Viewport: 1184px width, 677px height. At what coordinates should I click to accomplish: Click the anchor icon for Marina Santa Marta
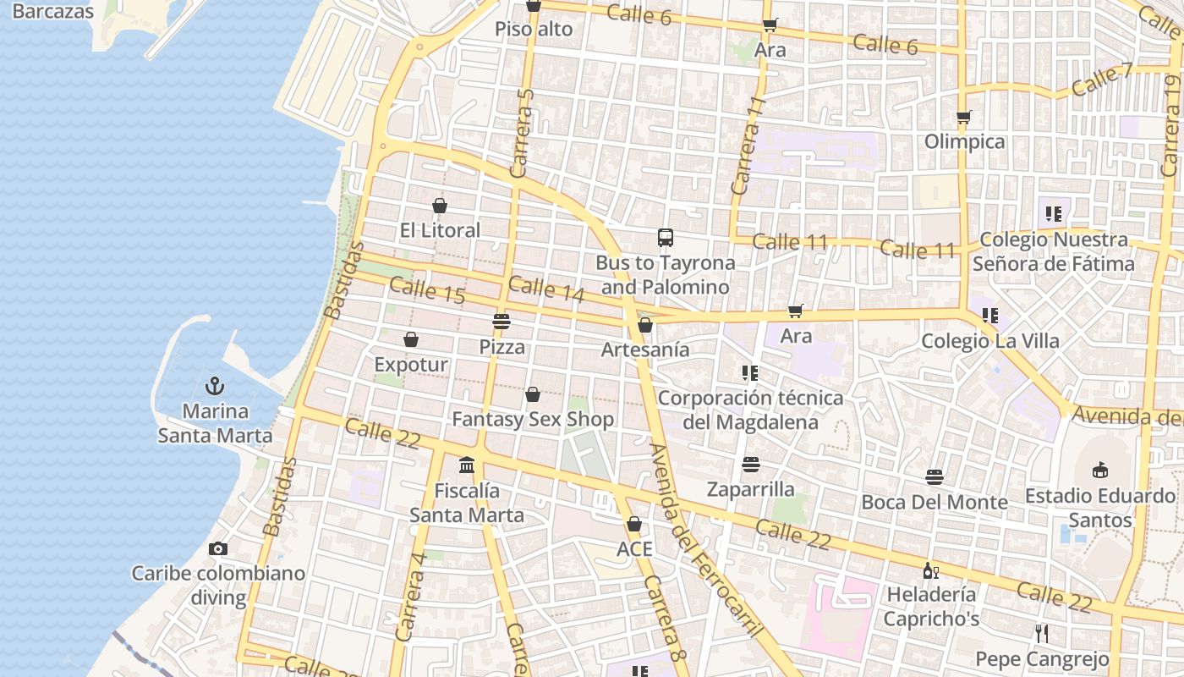click(x=215, y=387)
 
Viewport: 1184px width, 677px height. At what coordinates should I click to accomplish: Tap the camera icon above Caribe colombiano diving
click(x=218, y=548)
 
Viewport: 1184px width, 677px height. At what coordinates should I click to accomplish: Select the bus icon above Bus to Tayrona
click(x=666, y=238)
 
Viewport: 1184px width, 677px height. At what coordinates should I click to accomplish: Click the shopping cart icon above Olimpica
click(x=964, y=117)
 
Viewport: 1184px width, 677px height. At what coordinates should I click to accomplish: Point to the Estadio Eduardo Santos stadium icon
click(x=1100, y=470)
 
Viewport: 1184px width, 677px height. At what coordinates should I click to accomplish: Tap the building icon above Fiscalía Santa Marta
click(x=467, y=465)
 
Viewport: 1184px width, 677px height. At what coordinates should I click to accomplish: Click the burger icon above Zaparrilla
click(x=750, y=464)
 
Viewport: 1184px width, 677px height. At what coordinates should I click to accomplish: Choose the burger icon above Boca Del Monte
click(x=934, y=477)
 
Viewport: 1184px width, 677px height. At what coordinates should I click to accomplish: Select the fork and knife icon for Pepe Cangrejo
click(x=1042, y=633)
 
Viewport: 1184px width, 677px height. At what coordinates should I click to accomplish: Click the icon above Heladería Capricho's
click(x=930, y=570)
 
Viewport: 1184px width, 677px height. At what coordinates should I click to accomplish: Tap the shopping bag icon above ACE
click(x=634, y=524)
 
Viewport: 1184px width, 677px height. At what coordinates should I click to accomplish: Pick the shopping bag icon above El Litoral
click(x=440, y=205)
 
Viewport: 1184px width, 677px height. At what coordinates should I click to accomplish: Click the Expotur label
click(x=411, y=365)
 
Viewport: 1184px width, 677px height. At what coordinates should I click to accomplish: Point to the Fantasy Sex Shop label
click(x=533, y=419)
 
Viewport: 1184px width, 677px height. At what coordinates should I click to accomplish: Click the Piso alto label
click(x=534, y=30)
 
